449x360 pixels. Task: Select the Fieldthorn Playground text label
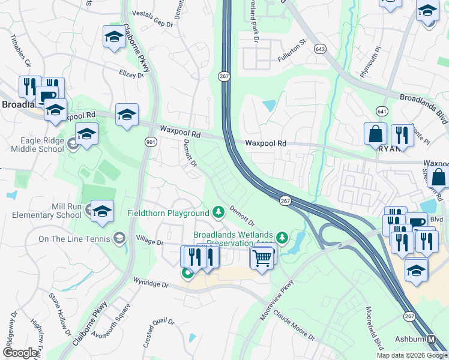pos(167,212)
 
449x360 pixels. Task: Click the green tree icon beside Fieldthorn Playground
pos(218,212)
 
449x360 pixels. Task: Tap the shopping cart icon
pos(262,259)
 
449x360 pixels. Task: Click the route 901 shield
pos(150,140)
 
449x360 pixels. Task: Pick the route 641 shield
pos(382,111)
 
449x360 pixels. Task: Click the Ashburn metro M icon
pos(432,340)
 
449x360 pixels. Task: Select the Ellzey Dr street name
pos(131,75)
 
